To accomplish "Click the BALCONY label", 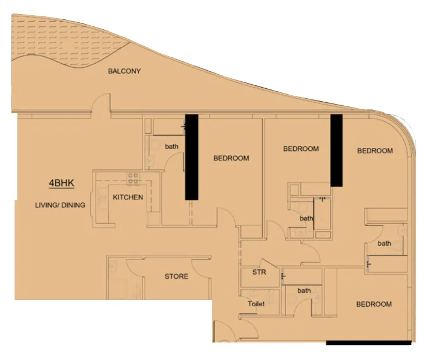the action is (x=124, y=71).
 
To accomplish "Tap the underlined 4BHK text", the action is (x=61, y=183).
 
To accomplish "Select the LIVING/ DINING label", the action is (x=60, y=205).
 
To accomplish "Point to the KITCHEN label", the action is (x=128, y=198).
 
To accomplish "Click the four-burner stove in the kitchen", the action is (x=133, y=178).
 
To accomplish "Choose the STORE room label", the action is (x=176, y=276).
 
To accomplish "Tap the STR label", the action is (x=259, y=272).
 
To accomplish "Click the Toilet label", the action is (x=256, y=304).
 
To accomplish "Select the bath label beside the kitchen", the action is (x=172, y=146).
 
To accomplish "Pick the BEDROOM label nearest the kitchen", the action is (x=231, y=158).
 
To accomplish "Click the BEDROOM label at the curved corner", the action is (x=375, y=151).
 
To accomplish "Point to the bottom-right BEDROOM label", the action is (x=374, y=304).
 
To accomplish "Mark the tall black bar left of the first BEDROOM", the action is (x=191, y=157).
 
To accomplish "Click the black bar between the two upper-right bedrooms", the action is (x=336, y=150).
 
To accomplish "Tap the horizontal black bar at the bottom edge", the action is (x=368, y=342).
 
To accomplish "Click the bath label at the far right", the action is (x=384, y=243).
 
